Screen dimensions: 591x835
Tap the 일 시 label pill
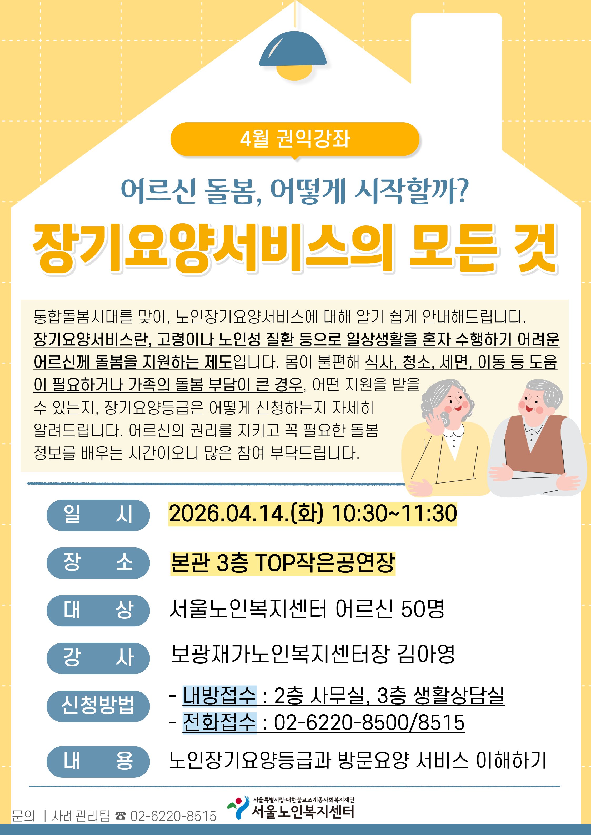98,515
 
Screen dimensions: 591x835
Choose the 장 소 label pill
98,563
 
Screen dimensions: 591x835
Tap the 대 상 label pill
98,611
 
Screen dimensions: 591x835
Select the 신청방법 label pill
98,706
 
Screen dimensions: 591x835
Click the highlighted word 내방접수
219,695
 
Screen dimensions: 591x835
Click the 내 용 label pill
98,762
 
